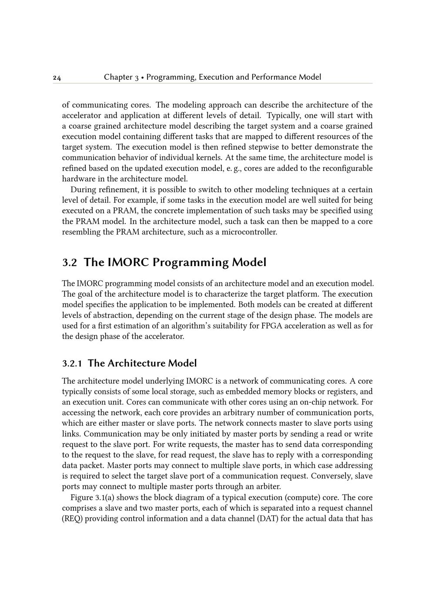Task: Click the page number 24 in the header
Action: tap(57, 78)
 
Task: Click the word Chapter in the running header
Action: tap(118, 77)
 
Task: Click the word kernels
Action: tap(200, 157)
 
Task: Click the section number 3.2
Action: tap(70, 263)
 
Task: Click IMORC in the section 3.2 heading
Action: tap(128, 263)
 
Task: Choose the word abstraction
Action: tap(113, 315)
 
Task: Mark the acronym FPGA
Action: tap(272, 326)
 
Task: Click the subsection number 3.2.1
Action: tap(72, 364)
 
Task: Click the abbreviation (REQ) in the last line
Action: tap(72, 519)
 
